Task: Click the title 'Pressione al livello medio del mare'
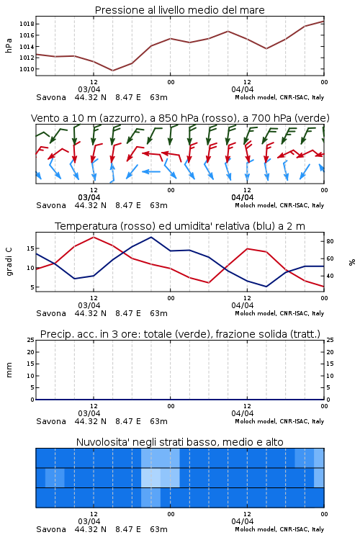click(179, 10)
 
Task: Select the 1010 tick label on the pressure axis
click(27, 69)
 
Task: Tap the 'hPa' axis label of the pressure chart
click(9, 45)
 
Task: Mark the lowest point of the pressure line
click(112, 71)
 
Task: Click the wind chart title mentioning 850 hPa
click(180, 118)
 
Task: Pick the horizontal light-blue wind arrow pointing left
click(151, 171)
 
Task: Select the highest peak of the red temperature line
click(94, 237)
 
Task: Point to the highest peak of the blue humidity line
click(151, 237)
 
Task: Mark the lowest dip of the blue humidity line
click(266, 287)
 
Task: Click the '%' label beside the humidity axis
click(352, 262)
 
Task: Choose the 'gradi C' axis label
click(9, 262)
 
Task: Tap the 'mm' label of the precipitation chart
click(9, 370)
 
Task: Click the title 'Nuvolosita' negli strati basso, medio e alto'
click(179, 442)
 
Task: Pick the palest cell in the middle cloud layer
click(151, 477)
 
